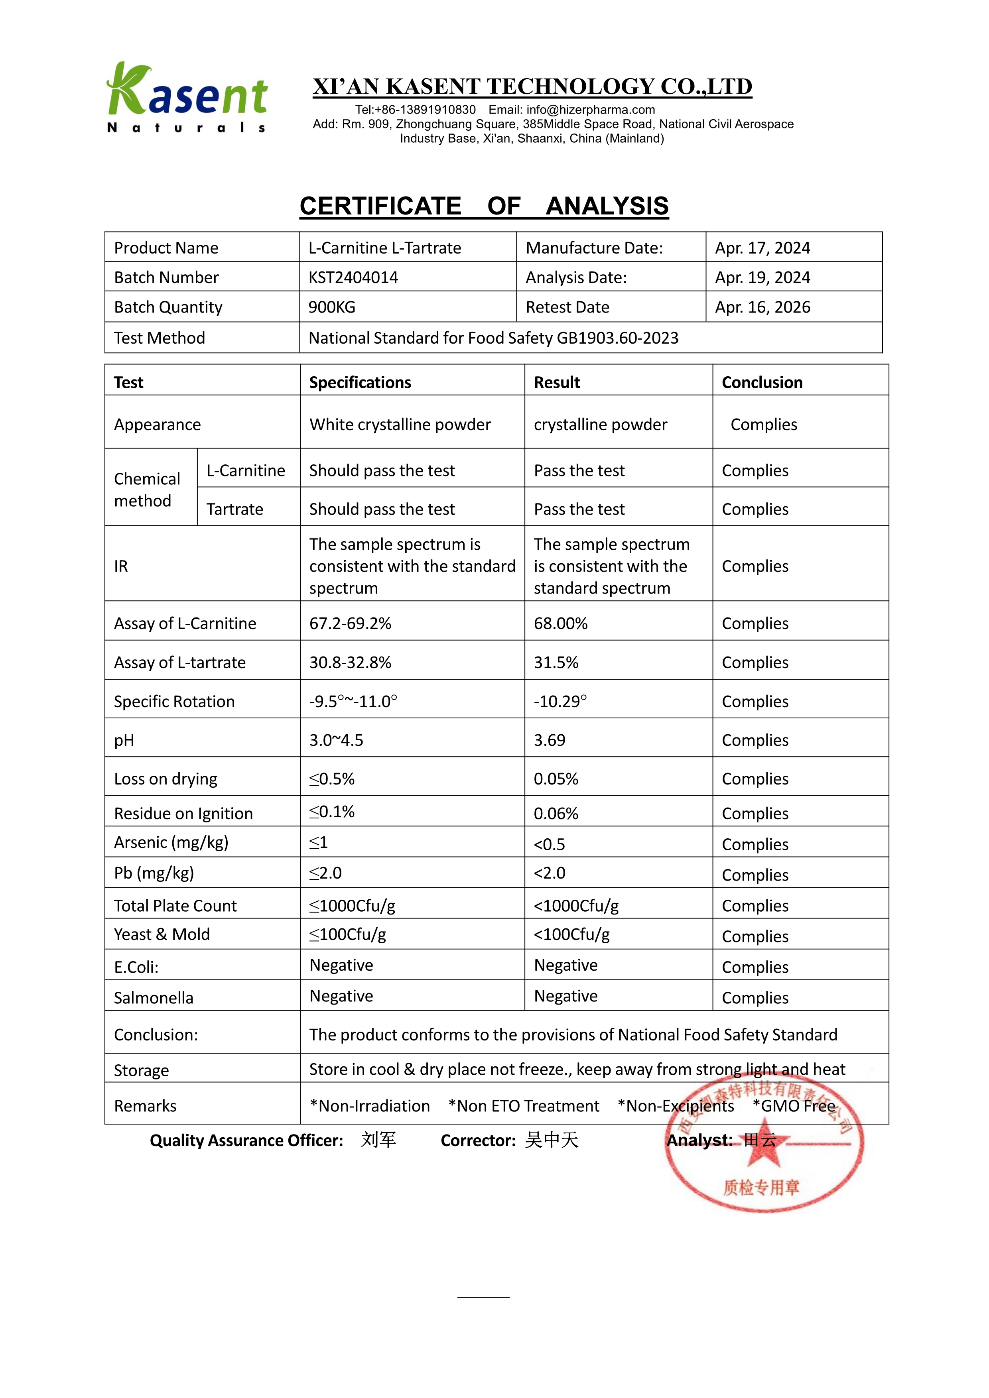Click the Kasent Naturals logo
187,97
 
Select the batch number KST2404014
353,278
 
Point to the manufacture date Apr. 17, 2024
762,248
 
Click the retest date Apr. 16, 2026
762,307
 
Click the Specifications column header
360,382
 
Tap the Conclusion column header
762,382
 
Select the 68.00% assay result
560,623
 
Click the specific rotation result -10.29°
560,702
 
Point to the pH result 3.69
549,740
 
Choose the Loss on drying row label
165,779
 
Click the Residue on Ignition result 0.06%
556,814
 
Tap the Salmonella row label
154,998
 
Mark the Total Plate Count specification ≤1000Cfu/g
352,906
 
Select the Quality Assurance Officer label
246,1140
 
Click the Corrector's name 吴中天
552,1140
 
